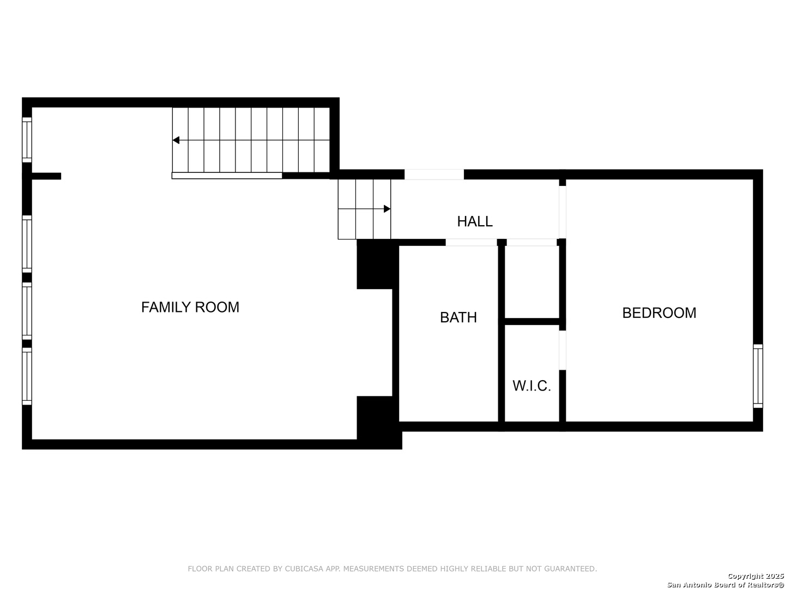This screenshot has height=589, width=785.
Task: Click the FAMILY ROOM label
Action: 190,307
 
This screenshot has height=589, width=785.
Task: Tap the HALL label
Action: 474,221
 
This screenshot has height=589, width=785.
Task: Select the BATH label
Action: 458,317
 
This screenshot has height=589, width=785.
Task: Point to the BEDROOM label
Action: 659,313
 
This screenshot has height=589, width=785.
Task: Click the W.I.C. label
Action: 532,386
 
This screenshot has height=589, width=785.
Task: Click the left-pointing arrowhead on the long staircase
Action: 176,140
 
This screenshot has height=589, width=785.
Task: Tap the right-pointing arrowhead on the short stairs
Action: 387,209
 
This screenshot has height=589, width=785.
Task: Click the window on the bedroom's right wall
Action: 758,376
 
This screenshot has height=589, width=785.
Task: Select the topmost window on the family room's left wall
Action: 27,140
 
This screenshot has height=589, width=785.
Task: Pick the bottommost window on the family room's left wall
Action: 27,376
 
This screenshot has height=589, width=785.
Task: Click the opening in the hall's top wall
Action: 434,175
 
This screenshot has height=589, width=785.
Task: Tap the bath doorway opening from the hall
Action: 471,242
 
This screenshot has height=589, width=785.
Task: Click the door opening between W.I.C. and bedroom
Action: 563,350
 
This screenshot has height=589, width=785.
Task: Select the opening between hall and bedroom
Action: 563,212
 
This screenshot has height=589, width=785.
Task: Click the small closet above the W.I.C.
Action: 532,281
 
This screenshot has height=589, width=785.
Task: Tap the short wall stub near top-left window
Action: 46,176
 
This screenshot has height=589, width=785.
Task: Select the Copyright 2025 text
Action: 754,576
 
